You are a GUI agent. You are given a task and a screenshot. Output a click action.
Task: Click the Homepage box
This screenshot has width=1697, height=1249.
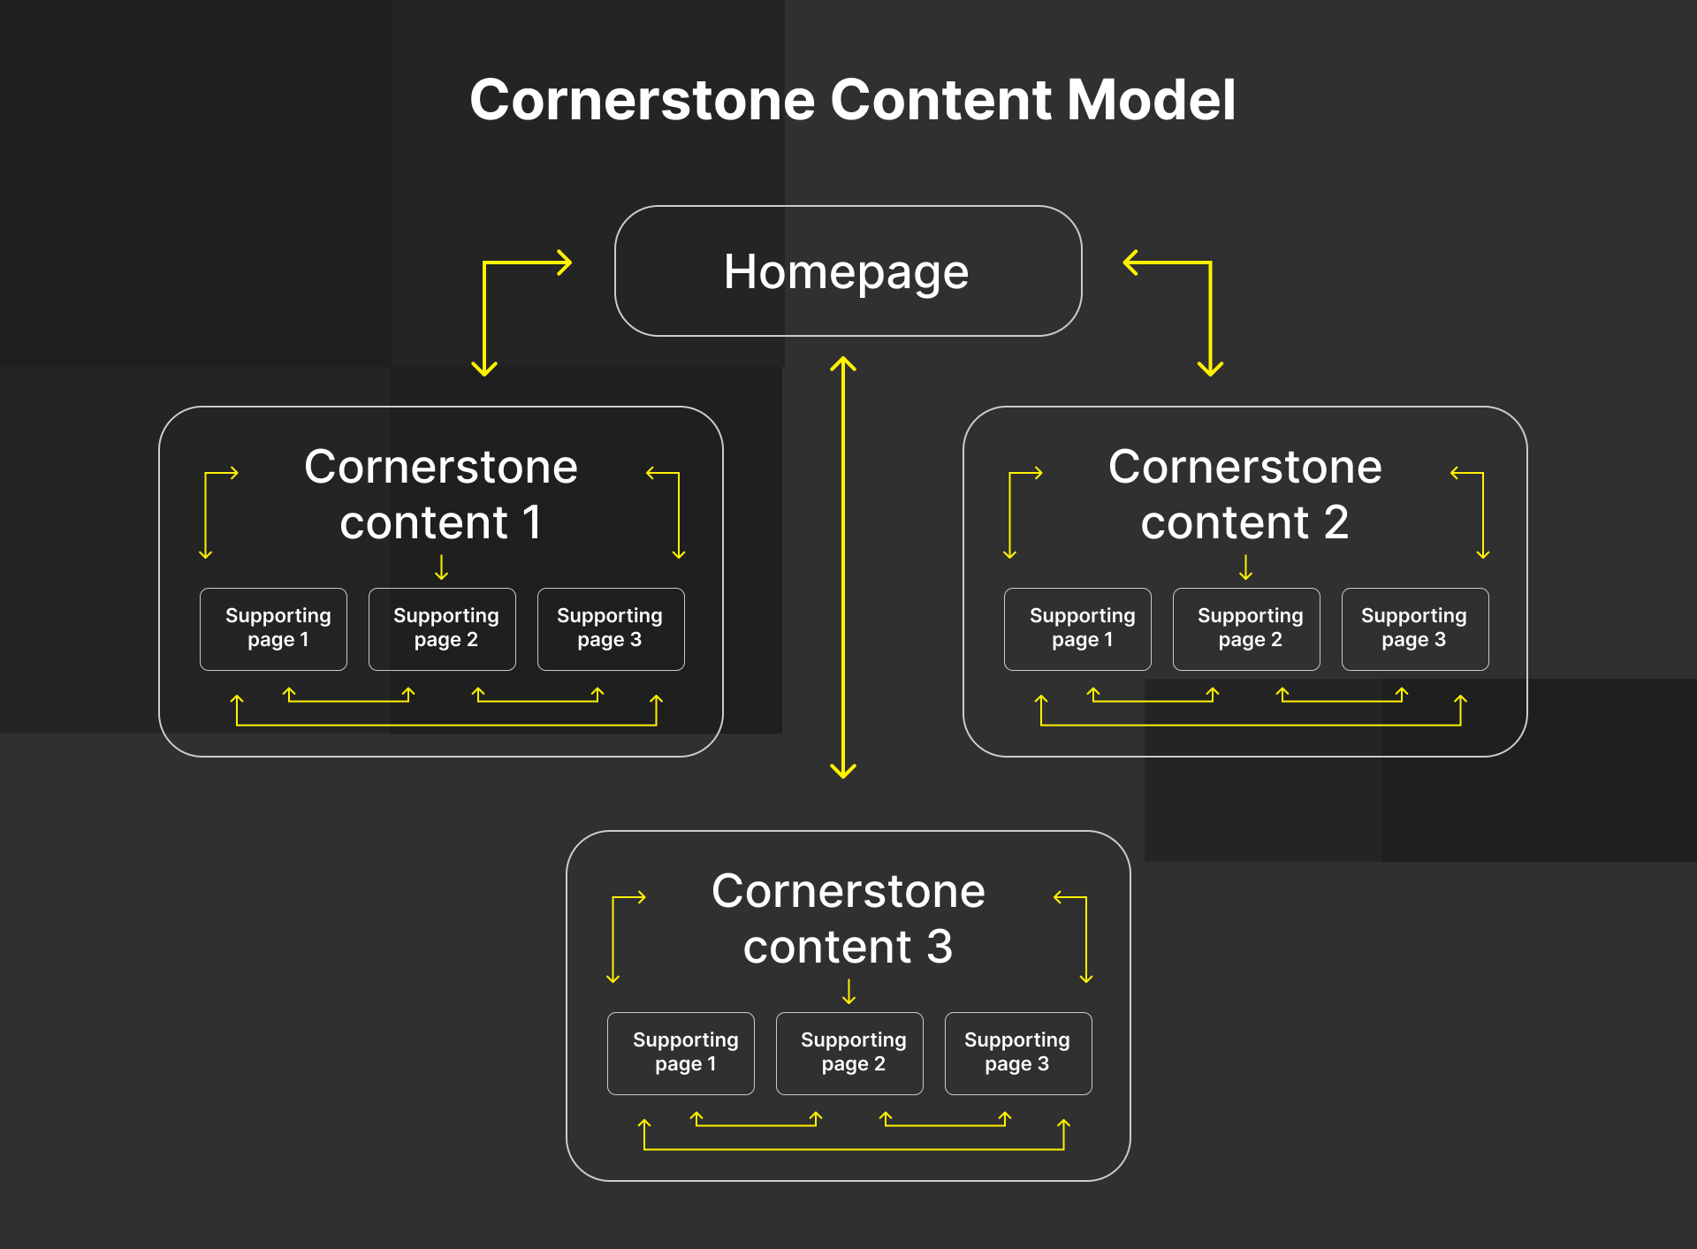848,271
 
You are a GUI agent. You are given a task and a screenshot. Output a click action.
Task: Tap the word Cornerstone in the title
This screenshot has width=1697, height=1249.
642,100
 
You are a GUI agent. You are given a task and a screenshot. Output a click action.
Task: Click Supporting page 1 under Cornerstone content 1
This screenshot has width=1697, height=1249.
274,628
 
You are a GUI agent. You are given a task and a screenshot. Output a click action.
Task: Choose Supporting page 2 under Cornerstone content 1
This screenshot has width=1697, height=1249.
443,628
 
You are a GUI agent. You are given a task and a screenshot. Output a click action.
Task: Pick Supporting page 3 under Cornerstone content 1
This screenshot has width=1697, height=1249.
611,628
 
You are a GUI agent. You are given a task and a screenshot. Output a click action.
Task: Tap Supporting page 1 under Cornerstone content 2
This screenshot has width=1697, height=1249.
1078,628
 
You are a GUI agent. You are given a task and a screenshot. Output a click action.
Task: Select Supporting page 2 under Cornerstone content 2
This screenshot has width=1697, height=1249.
1247,628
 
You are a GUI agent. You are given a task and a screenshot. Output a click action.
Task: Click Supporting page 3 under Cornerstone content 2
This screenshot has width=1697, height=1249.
1415,628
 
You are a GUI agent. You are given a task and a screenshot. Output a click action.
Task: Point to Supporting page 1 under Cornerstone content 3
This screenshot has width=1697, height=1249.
681,1053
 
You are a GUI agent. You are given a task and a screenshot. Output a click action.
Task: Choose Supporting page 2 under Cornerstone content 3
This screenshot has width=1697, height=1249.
850,1053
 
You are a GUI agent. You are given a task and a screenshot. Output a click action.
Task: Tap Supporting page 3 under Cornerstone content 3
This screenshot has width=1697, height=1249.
1018,1053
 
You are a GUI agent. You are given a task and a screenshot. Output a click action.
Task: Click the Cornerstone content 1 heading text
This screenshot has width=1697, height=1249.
441,494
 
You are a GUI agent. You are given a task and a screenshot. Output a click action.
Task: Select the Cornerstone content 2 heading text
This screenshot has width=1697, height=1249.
1245,494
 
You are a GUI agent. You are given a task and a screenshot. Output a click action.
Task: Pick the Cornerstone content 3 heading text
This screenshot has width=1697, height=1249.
848,918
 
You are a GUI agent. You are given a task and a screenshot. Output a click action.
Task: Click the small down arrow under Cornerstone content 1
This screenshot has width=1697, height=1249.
442,567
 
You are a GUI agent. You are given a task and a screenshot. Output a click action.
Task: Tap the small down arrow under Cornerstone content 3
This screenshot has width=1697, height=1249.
849,992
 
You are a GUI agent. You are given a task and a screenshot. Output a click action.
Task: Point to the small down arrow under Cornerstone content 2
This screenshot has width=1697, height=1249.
1246,567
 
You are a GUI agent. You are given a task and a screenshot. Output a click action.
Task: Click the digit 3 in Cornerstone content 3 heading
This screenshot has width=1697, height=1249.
940,947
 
